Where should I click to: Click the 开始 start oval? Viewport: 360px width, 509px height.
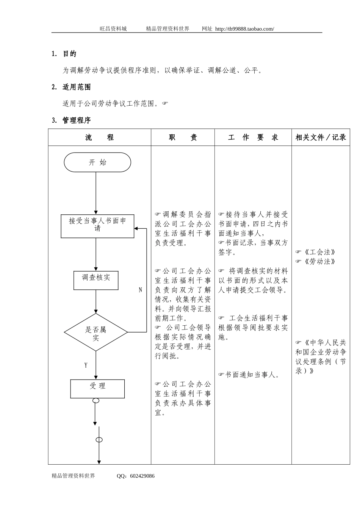point(97,162)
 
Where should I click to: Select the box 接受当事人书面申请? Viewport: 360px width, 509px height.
point(97,226)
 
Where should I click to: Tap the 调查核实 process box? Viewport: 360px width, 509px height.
point(96,280)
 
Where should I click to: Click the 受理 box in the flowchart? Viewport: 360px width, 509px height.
point(97,389)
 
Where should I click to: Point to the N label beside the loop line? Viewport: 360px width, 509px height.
point(140,290)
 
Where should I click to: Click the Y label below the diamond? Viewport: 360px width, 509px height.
point(86,365)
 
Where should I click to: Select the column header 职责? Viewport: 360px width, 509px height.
point(183,137)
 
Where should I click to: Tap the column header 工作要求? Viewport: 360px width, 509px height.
point(253,137)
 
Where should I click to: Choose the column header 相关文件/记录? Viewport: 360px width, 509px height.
point(321,137)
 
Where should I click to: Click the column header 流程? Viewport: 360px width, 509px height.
point(99,137)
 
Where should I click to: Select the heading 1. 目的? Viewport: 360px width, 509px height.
point(64,54)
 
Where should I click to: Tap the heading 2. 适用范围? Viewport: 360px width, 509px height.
point(71,87)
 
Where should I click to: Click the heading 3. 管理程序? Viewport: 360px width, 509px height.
point(71,120)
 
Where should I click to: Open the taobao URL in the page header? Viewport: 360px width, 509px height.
point(244,29)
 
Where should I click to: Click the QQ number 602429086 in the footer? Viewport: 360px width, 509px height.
point(142,476)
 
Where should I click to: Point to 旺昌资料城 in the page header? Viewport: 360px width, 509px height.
point(113,29)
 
